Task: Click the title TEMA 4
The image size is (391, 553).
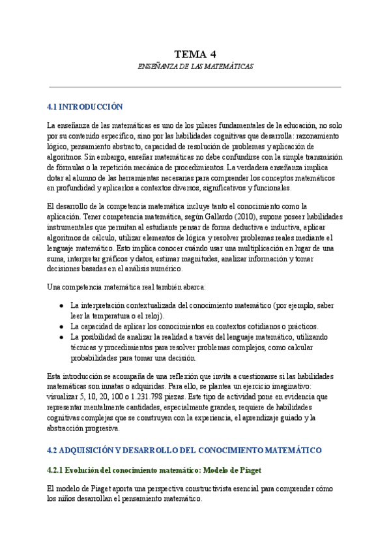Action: pyautogui.click(x=195, y=54)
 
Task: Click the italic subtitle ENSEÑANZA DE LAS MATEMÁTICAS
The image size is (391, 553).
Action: pyautogui.click(x=195, y=67)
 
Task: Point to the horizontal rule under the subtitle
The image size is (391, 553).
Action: pyautogui.click(x=195, y=87)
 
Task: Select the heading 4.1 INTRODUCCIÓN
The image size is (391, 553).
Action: pyautogui.click(x=85, y=106)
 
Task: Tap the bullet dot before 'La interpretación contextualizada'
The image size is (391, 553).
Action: pyautogui.click(x=61, y=305)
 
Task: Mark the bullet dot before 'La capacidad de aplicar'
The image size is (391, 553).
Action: pyautogui.click(x=61, y=326)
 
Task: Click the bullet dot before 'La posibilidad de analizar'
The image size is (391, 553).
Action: pyautogui.click(x=61, y=337)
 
